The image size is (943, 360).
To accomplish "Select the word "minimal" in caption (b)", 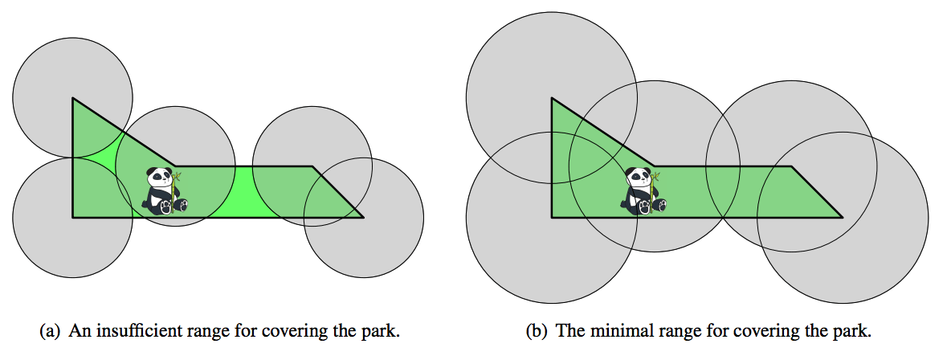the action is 609,331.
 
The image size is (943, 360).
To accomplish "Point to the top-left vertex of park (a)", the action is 73,98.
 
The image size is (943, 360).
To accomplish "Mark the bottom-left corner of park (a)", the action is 73,217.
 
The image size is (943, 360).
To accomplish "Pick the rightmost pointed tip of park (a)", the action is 362,217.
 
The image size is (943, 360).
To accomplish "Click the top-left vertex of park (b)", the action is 552,98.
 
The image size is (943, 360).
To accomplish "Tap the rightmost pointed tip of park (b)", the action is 841,217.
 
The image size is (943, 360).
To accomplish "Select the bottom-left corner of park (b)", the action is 552,217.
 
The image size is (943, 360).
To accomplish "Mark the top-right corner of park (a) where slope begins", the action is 312,166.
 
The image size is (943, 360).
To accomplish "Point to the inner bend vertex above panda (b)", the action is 655,166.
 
